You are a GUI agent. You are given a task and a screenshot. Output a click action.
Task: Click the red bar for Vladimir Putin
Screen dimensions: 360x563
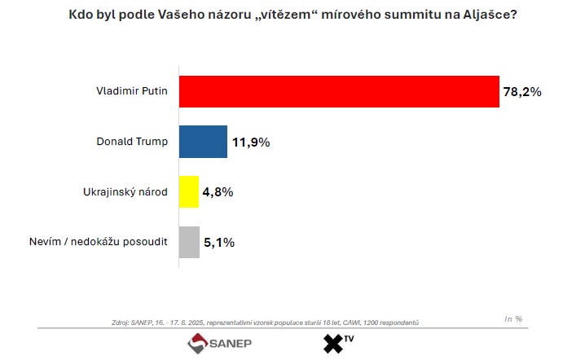click(338, 91)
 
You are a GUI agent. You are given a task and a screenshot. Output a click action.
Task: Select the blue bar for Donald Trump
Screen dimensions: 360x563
click(203, 142)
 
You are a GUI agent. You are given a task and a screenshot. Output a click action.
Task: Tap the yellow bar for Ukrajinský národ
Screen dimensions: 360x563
click(188, 192)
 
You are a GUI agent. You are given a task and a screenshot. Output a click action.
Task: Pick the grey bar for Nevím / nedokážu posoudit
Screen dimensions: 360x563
click(189, 242)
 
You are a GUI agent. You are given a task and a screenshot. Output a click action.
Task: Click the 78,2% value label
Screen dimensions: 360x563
click(521, 92)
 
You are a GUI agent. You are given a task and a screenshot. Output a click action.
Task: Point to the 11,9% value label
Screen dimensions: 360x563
click(250, 143)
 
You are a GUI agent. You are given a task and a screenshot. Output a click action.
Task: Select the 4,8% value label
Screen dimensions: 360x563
click(218, 192)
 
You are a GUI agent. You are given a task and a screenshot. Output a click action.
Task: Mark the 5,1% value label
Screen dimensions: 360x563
click(218, 242)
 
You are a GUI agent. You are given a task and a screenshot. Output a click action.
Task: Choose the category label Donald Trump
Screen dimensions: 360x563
click(132, 142)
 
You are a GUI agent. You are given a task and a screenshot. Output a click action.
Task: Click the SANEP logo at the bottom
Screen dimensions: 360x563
click(220, 344)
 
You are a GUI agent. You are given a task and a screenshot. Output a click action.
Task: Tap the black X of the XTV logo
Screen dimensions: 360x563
click(334, 345)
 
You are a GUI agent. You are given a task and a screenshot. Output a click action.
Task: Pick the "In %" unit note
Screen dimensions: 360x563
click(513, 318)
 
